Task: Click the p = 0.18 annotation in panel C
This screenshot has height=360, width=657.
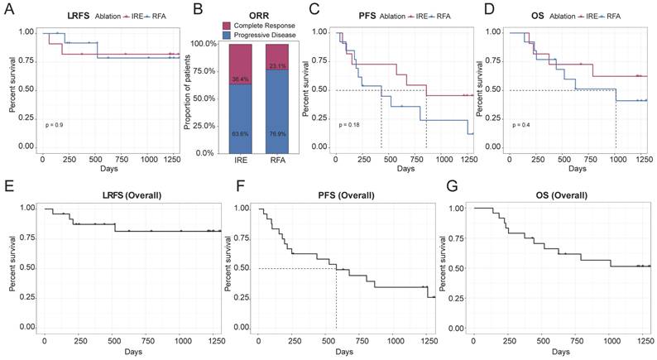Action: tap(350, 125)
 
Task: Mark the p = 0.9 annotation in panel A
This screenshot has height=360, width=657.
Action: tap(55, 125)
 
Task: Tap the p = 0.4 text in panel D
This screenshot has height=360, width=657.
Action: tap(522, 125)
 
